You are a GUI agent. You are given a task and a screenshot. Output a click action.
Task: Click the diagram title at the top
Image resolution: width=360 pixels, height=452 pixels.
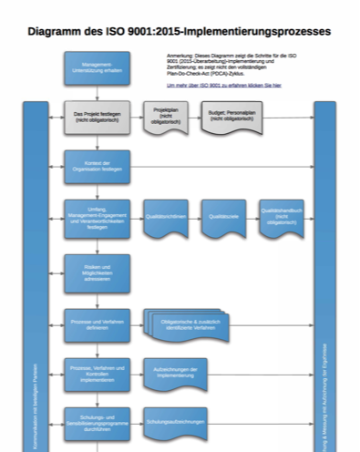pos(180,31)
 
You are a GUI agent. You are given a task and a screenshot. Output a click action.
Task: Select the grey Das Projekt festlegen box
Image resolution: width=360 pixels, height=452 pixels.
pos(97,118)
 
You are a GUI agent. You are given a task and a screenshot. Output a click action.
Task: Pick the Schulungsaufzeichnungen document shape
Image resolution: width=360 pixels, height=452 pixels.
pos(170,423)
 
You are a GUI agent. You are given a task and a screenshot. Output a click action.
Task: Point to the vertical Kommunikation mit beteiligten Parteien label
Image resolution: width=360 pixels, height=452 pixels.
pos(35,401)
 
